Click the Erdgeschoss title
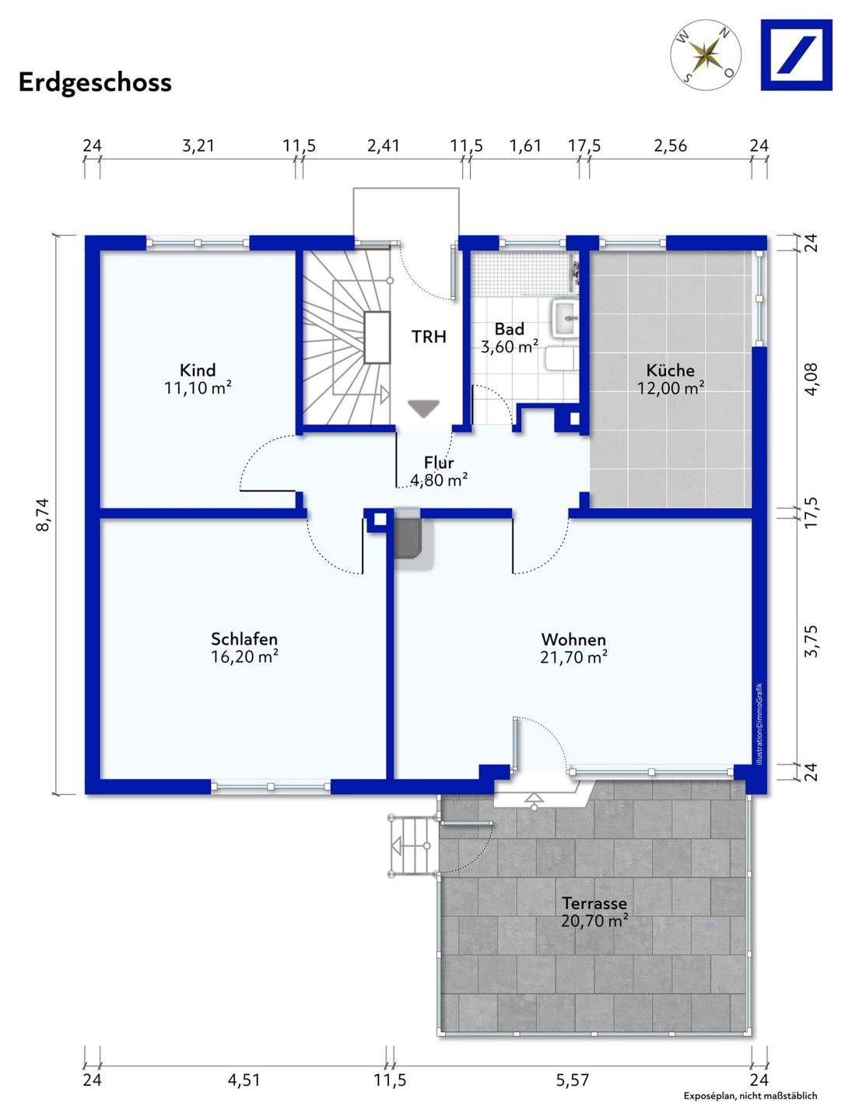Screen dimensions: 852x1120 tap(95, 83)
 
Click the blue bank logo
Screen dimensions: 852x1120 tap(796, 55)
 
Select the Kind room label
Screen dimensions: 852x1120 tap(198, 369)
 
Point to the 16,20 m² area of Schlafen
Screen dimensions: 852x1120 tap(244, 656)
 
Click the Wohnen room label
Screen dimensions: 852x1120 tap(573, 639)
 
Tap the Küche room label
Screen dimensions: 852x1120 tap(670, 369)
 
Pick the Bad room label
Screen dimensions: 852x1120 tap(509, 329)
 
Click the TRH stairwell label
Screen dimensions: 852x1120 tap(429, 337)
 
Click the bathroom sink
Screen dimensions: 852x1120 tap(565, 318)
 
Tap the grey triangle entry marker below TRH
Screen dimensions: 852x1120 tap(423, 408)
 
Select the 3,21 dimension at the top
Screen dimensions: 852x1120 tap(198, 146)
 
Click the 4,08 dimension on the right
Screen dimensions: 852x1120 tap(811, 378)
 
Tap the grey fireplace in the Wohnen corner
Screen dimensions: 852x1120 tap(408, 538)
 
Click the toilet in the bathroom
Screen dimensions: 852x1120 tap(562, 359)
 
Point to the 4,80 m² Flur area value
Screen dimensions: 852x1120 tap(440, 480)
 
